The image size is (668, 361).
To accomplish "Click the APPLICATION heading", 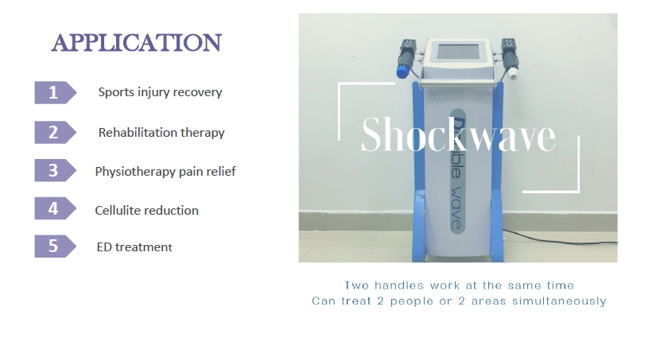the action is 136,43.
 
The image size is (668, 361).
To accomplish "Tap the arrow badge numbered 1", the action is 56,92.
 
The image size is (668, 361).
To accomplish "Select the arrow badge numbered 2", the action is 56,132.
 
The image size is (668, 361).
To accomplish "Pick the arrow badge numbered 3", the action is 56,170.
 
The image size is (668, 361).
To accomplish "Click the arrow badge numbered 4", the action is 56,208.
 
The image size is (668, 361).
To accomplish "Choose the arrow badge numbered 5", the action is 56,246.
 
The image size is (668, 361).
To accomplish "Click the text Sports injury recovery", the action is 160,92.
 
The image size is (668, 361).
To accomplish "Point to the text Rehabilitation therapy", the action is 161,133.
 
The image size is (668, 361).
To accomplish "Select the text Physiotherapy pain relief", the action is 165,171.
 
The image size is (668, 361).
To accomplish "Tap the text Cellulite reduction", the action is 146,210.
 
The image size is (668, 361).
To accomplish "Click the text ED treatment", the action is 134,247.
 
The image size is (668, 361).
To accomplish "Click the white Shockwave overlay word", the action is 458,134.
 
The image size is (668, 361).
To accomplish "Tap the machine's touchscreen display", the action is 458,52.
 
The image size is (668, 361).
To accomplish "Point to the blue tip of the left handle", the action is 402,72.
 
